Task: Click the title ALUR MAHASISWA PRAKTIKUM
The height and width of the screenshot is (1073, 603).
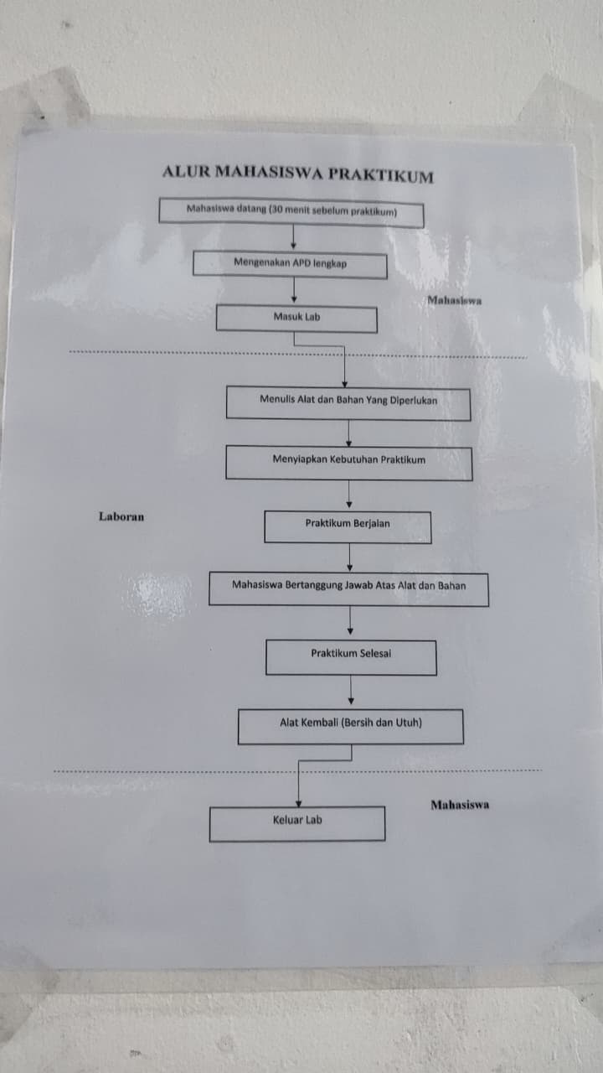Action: (x=298, y=174)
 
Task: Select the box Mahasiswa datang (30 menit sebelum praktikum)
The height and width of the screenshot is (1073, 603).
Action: (x=291, y=212)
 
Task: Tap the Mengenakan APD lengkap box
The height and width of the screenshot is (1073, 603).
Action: (x=290, y=264)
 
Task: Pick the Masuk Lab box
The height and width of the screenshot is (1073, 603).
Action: (x=296, y=319)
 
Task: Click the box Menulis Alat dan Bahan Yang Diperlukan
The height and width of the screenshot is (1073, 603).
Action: (x=348, y=402)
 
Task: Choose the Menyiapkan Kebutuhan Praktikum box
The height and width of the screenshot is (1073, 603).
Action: (x=348, y=462)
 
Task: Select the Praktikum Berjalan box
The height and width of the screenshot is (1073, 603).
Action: (x=348, y=526)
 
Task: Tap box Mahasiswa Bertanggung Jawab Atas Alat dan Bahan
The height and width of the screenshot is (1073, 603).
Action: (x=348, y=588)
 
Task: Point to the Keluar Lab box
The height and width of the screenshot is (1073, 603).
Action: (x=297, y=822)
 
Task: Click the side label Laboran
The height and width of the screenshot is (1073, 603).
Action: (x=121, y=516)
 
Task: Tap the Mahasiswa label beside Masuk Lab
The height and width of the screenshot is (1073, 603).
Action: (x=454, y=300)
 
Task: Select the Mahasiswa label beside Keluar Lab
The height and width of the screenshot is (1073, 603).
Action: (x=460, y=805)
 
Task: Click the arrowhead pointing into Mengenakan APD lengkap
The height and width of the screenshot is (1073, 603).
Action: (x=292, y=247)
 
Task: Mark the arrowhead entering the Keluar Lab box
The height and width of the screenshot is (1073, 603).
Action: (x=297, y=803)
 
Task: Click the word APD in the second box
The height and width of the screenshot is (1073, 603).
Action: (x=301, y=263)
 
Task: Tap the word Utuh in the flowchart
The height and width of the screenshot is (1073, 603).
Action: (x=410, y=722)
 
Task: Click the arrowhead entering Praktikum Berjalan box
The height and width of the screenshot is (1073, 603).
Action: (x=349, y=505)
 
